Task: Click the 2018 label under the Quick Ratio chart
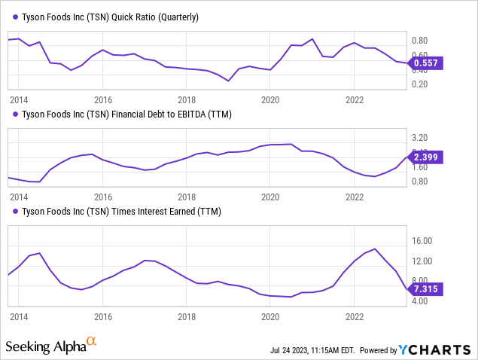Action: [x=187, y=99]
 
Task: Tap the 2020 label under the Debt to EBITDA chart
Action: [x=270, y=197]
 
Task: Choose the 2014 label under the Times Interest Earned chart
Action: [x=19, y=317]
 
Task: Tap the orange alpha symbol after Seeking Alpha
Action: [x=92, y=343]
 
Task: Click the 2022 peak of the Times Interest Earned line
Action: [x=374, y=249]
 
